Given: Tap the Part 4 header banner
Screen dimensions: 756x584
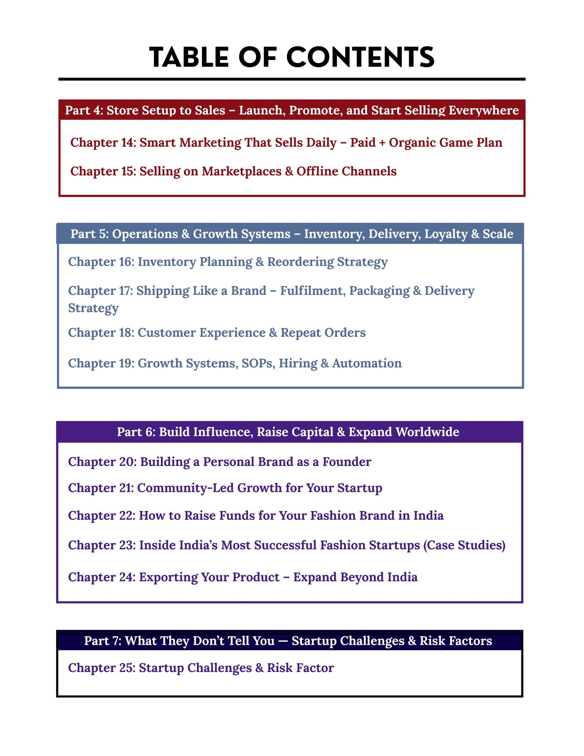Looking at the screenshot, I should click(291, 110).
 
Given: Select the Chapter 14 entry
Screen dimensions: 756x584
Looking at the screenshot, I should click(286, 142).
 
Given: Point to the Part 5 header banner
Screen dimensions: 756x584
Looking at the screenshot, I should click(291, 234).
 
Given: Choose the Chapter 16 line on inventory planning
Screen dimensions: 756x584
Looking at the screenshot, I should click(228, 262).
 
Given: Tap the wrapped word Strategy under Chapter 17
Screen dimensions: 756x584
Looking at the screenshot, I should click(93, 308).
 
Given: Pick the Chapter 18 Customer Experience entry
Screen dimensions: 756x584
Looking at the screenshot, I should click(217, 332).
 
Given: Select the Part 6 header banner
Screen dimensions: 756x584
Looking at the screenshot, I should click(289, 432).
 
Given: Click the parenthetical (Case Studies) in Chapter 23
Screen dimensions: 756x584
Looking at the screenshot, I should click(464, 545).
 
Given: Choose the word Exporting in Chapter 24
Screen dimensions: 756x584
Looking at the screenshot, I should click(168, 577).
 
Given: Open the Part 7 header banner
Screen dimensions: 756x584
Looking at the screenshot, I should click(289, 641).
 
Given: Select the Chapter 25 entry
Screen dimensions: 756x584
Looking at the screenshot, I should click(201, 668).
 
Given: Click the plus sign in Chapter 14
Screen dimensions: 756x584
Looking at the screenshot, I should click(382, 143).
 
